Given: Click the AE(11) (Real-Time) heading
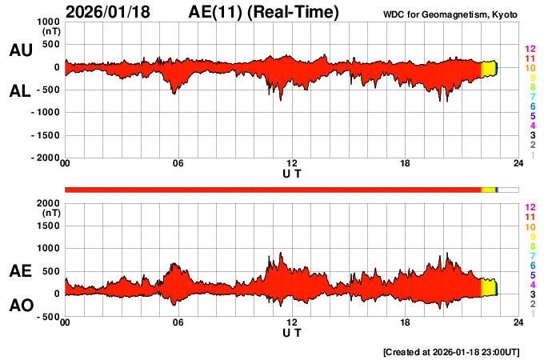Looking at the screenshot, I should (x=264, y=12).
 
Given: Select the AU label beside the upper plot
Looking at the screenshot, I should (x=21, y=50).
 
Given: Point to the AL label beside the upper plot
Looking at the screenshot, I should (x=21, y=91).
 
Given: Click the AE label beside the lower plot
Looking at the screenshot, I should (x=21, y=272).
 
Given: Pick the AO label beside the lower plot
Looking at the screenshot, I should (x=21, y=306).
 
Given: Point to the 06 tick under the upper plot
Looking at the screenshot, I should (x=178, y=164).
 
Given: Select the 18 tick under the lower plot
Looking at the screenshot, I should (x=406, y=322).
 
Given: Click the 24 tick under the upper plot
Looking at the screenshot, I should (x=518, y=164).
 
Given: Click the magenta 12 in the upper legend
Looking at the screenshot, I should (x=529, y=50).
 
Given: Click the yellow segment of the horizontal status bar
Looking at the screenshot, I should (x=488, y=190).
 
